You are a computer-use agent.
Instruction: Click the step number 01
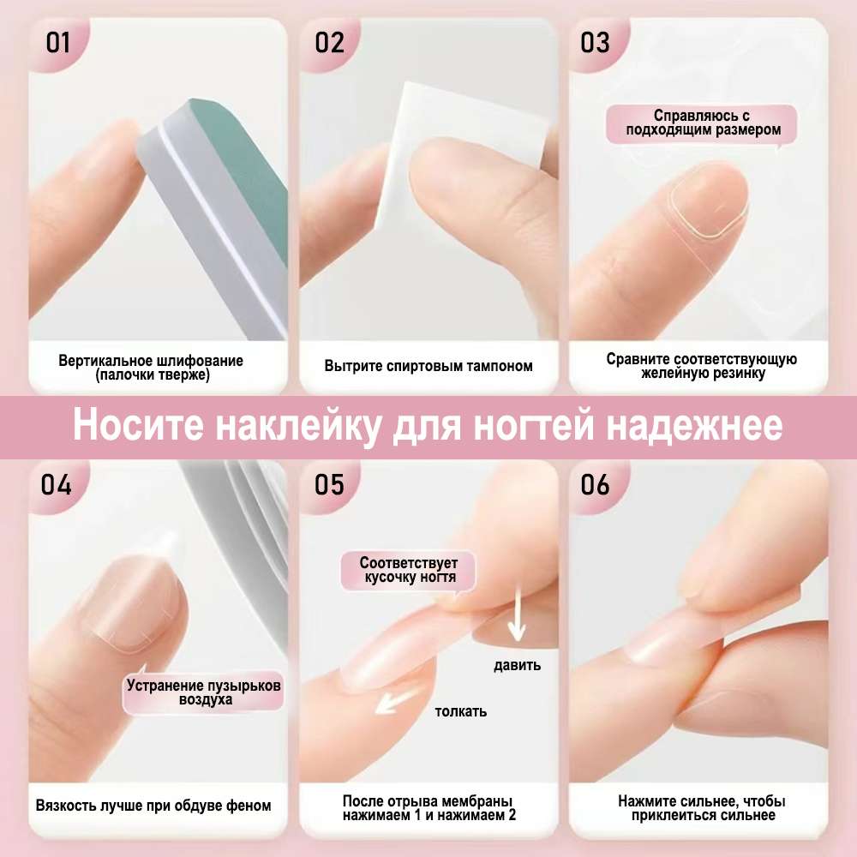(58, 43)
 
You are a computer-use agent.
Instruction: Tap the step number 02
(330, 43)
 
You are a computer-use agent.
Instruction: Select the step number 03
(595, 43)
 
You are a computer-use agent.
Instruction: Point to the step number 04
(57, 485)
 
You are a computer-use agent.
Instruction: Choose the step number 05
(329, 485)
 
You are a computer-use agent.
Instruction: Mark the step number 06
(595, 485)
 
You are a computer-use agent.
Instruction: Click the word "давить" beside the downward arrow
(517, 665)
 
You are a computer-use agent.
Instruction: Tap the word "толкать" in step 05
(461, 711)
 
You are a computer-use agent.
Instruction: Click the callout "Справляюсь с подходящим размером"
(703, 123)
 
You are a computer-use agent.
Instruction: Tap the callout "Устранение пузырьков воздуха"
(203, 692)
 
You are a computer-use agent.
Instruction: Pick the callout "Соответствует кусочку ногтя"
(408, 571)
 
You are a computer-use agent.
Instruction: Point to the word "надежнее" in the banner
(695, 426)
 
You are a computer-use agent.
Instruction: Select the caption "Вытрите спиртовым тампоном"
(428, 366)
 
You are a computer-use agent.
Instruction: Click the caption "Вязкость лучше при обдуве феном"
(153, 806)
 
